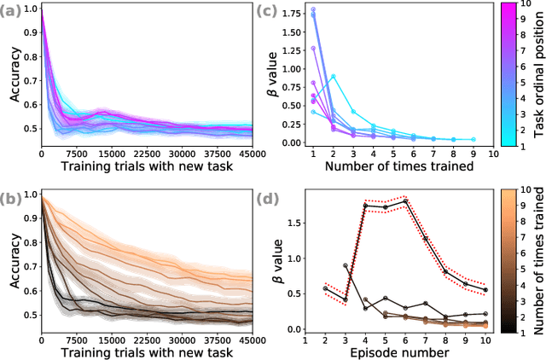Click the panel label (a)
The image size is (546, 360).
(x=17, y=9)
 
